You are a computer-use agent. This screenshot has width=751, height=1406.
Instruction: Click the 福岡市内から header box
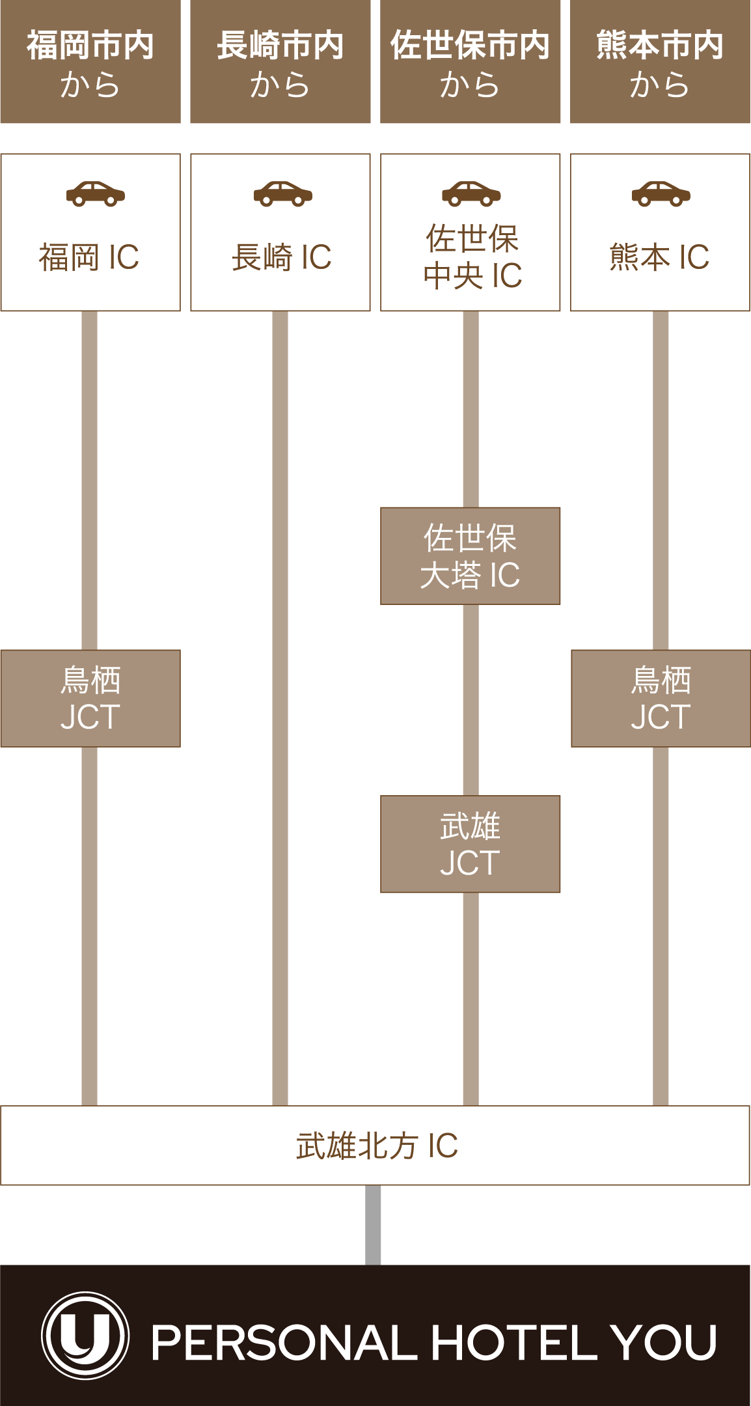point(90,63)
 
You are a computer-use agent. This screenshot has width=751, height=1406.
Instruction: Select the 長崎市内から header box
point(280,63)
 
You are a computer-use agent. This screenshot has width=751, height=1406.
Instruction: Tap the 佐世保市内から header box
point(471,63)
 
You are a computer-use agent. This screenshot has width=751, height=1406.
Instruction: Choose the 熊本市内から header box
point(660,63)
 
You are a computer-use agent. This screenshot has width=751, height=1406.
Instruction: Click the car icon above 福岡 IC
point(96,193)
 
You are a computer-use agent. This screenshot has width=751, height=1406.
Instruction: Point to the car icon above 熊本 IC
point(661,193)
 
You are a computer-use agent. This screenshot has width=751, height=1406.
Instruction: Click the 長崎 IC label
point(282,257)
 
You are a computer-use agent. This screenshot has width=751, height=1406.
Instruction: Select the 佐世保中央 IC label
point(472,257)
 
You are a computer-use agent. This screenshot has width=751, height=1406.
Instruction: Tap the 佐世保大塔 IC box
point(471,556)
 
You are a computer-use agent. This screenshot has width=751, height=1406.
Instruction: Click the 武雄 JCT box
point(471,844)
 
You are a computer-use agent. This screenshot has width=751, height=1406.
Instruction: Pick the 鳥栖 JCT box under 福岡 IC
point(90,698)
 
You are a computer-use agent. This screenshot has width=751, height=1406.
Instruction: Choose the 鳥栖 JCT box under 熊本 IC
point(661,698)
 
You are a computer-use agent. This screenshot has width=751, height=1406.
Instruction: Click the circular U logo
point(85,1335)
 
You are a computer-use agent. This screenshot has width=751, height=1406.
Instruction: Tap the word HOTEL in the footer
point(513,1343)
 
